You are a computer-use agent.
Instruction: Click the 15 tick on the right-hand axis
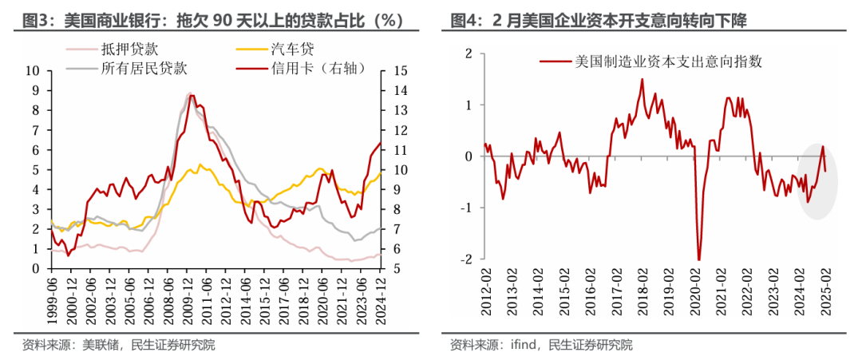tap(401, 70)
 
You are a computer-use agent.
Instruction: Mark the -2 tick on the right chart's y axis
tap(469, 259)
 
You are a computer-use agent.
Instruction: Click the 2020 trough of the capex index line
tap(699, 259)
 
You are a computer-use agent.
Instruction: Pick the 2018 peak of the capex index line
tap(642, 79)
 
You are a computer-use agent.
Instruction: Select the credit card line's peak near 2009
tap(190, 95)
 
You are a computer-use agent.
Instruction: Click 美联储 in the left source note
tap(96, 345)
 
